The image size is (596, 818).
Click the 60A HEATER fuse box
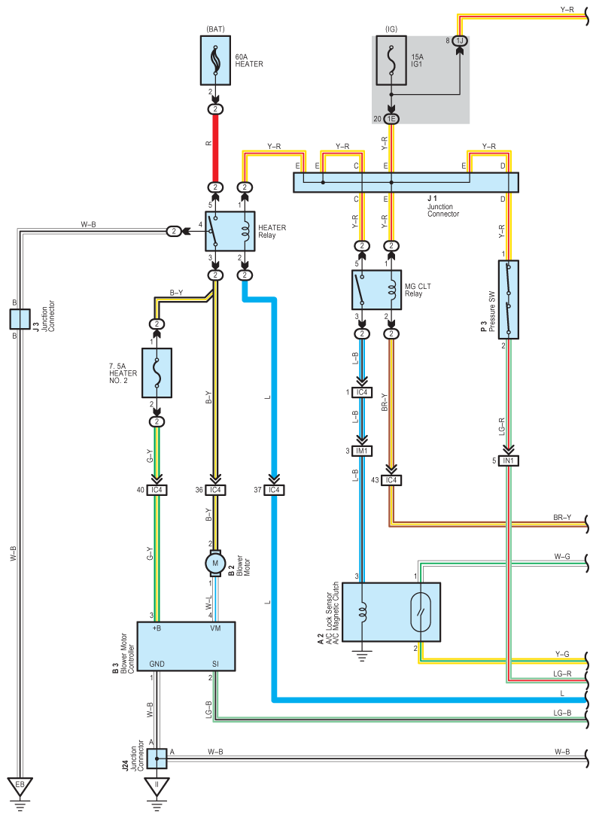point(215,60)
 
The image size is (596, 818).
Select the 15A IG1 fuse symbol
point(391,60)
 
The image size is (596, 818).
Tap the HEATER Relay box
point(230,231)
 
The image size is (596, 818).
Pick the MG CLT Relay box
point(376,290)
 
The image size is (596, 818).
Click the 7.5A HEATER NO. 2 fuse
point(157,373)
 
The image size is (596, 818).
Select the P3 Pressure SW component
point(508,300)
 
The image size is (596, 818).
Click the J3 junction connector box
point(20,319)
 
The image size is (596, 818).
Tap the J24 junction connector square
point(157,759)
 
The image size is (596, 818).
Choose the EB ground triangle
point(20,786)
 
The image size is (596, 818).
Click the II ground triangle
point(157,786)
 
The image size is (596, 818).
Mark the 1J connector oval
point(460,41)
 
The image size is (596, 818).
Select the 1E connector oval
point(391,119)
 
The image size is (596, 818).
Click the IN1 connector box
point(508,461)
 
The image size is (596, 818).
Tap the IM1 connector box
point(362,451)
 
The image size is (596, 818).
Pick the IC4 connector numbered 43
point(391,480)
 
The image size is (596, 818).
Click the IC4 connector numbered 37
point(274,490)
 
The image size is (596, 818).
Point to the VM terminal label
point(215,628)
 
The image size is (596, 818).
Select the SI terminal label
point(215,664)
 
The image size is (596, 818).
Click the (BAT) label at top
point(215,29)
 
